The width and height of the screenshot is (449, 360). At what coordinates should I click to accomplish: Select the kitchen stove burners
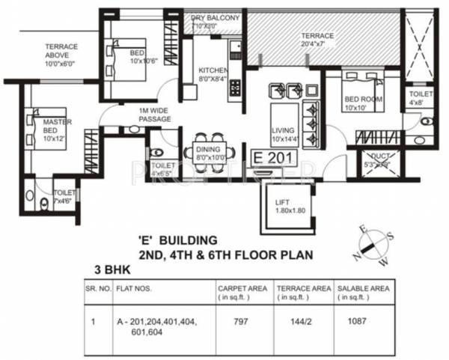(x=234, y=86)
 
